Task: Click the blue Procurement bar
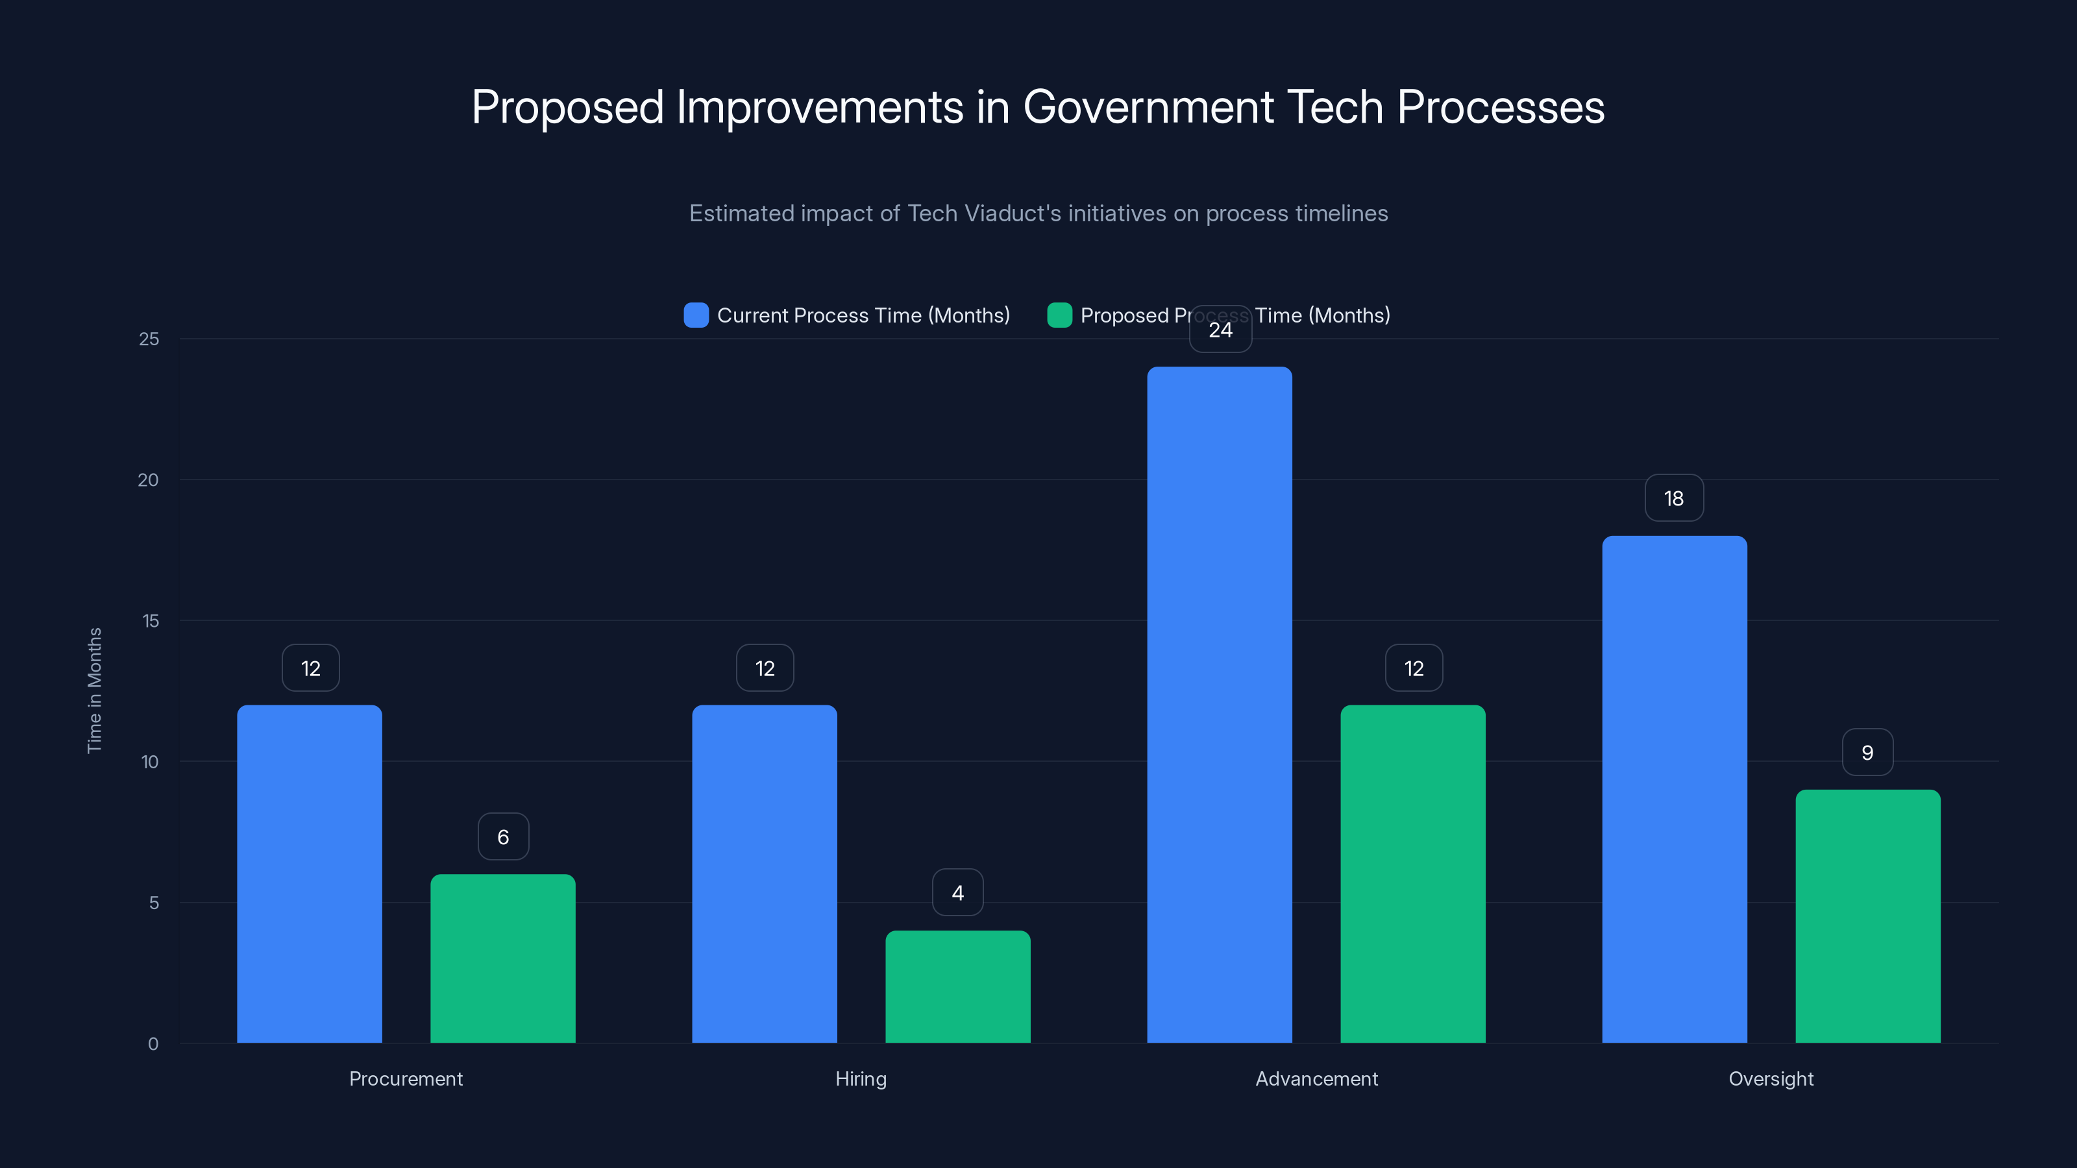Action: [x=310, y=874]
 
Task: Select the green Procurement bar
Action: [x=502, y=958]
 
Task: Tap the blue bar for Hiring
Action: [x=765, y=874]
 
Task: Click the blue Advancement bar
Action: [x=1219, y=705]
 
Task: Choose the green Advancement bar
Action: [x=1412, y=874]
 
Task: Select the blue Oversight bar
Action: [x=1674, y=789]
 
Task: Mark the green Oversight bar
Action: [x=1867, y=916]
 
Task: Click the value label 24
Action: [x=1220, y=330]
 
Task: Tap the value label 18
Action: [x=1674, y=498]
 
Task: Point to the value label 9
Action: [x=1867, y=752]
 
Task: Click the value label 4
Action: [x=957, y=892]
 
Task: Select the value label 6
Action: [x=503, y=836]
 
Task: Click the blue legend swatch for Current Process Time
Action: [x=696, y=315]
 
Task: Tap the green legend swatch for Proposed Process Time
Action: [x=1059, y=315]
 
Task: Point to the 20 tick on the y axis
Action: [x=149, y=480]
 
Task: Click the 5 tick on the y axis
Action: [x=153, y=903]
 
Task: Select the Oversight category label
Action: [x=1771, y=1078]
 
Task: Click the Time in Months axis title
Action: [x=94, y=690]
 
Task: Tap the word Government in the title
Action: [x=1148, y=106]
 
